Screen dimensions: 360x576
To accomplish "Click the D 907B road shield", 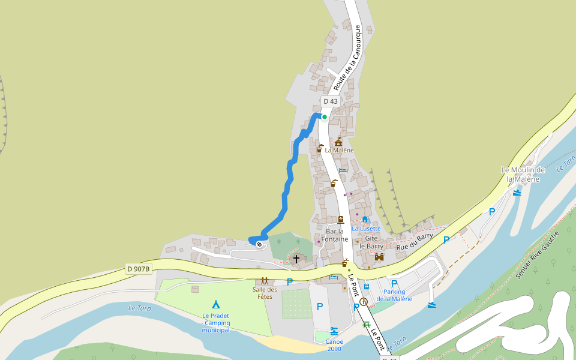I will [138, 268].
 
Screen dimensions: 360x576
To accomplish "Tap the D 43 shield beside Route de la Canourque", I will [330, 101].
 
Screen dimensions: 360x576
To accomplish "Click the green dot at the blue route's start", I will [324, 117].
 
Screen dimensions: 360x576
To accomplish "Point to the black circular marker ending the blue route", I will [259, 244].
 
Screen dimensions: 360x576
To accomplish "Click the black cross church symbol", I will [296, 259].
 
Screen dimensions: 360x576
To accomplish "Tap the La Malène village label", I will [339, 150].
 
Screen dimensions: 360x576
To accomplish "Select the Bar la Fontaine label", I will [334, 235].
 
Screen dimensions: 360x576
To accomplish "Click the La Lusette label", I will [366, 229].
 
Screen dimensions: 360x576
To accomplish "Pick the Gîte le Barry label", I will [371, 242].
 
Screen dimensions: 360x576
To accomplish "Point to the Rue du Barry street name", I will [415, 241].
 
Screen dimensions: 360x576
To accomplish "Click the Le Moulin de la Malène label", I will [523, 174].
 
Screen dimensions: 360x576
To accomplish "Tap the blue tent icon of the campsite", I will [216, 304].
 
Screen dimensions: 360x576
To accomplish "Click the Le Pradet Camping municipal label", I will [216, 323].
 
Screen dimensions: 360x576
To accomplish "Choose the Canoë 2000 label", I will [334, 345].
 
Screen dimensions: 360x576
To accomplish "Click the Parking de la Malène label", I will [394, 295].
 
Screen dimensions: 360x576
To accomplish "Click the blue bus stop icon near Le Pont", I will [367, 286].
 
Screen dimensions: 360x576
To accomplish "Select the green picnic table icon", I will [366, 325].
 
